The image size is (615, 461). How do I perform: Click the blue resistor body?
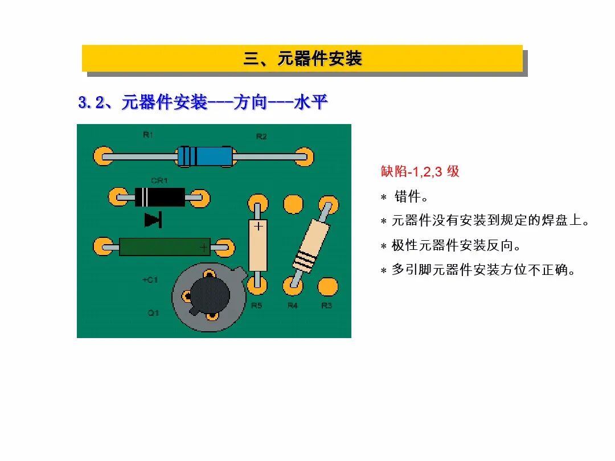pyautogui.click(x=205, y=156)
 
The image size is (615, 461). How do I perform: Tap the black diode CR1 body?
pyautogui.click(x=159, y=197)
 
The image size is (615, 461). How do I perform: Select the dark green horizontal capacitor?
pyautogui.click(x=164, y=247)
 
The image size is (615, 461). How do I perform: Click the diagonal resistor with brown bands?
pyautogui.click(x=311, y=246)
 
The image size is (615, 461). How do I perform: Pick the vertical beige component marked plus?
pyautogui.click(x=258, y=245)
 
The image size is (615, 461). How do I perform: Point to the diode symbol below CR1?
pyautogui.click(x=153, y=219)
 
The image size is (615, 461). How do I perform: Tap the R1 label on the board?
pyautogui.click(x=148, y=135)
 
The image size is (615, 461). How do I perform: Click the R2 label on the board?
pyautogui.click(x=261, y=137)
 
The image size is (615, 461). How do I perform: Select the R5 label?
pyautogui.click(x=257, y=306)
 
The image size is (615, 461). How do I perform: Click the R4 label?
pyautogui.click(x=292, y=306)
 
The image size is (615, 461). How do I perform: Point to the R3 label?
pyautogui.click(x=326, y=306)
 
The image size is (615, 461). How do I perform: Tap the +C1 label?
pyautogui.click(x=150, y=280)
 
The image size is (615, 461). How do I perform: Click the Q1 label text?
pyautogui.click(x=153, y=313)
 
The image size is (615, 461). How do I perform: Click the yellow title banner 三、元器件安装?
pyautogui.click(x=302, y=59)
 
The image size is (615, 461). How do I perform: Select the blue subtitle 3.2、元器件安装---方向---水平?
pyautogui.click(x=203, y=103)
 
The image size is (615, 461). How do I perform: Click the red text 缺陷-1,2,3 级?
pyautogui.click(x=420, y=171)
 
